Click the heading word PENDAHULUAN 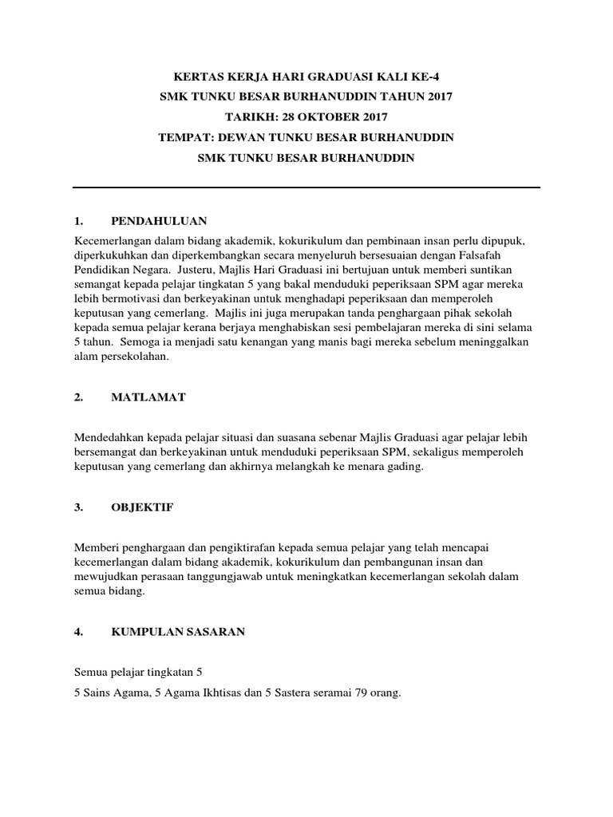tap(160, 221)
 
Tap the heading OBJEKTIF tap(142, 507)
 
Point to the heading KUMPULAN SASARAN tap(178, 632)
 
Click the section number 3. tap(78, 507)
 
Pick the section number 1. tap(78, 221)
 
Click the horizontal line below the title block tap(306, 187)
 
